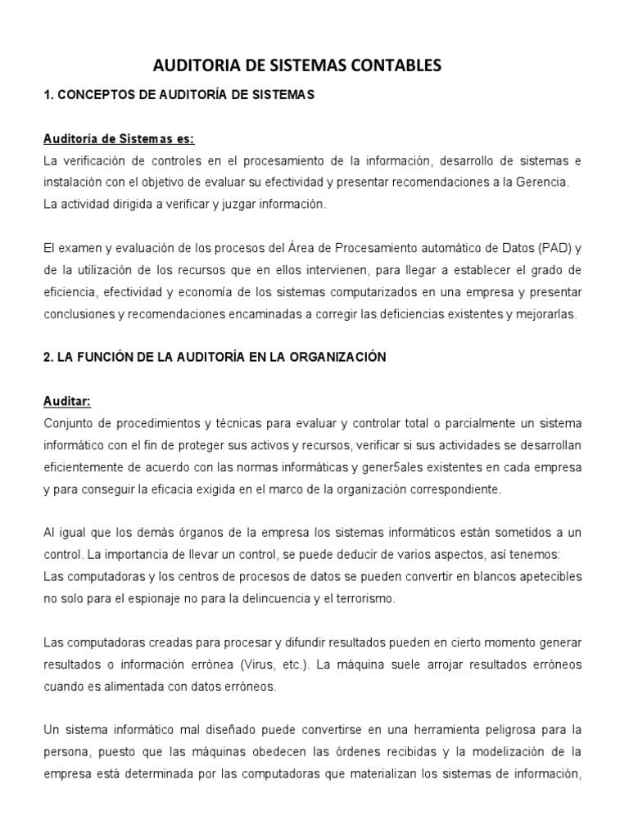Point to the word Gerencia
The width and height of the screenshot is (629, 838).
pyautogui.click(x=540, y=181)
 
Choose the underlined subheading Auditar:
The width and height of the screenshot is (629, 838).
pyautogui.click(x=67, y=401)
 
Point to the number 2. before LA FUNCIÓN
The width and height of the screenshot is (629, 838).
pyautogui.click(x=48, y=358)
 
